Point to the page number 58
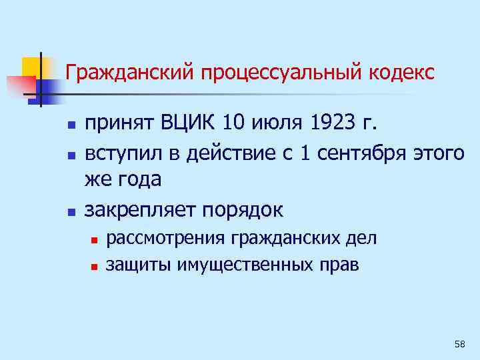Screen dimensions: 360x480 pos(459,343)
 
